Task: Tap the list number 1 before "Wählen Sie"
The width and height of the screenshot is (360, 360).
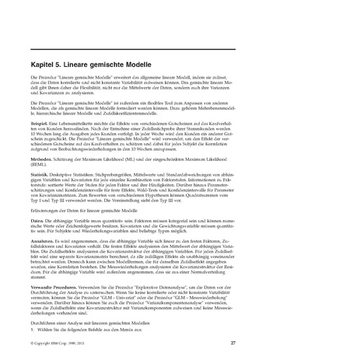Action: click(33, 330)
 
